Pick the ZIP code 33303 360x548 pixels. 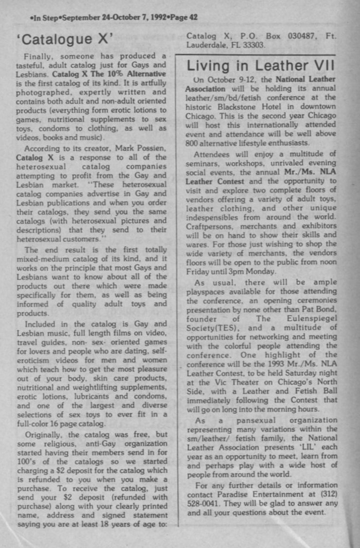252,45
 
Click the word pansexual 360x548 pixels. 253,420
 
